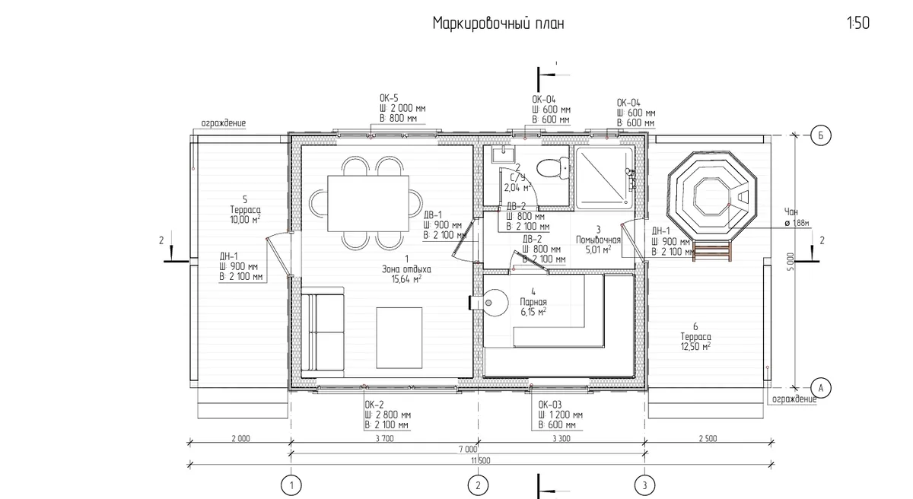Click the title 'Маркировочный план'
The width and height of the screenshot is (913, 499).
pyautogui.click(x=498, y=24)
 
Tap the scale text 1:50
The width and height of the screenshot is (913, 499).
pyautogui.click(x=858, y=23)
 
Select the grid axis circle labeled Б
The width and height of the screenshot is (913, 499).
pyautogui.click(x=820, y=135)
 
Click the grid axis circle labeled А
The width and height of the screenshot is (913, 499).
pyautogui.click(x=820, y=388)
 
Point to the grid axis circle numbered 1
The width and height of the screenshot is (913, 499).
pyautogui.click(x=291, y=485)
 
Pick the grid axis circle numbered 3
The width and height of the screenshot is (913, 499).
pyautogui.click(x=644, y=485)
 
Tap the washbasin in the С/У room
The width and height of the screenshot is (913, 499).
pyautogui.click(x=503, y=154)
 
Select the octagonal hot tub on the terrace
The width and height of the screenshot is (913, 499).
pyautogui.click(x=711, y=197)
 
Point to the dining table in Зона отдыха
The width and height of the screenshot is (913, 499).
pyautogui.click(x=368, y=204)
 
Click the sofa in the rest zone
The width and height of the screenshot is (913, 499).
pyautogui.click(x=323, y=332)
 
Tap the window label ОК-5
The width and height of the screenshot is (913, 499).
pyautogui.click(x=389, y=98)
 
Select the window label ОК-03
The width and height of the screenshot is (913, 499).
pyautogui.click(x=550, y=405)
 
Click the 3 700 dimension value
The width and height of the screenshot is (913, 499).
pyautogui.click(x=384, y=438)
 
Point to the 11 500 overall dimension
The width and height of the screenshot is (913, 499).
pyautogui.click(x=481, y=460)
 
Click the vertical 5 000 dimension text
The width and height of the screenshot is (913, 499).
pyautogui.click(x=791, y=262)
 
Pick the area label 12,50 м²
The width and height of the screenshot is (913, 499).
pyautogui.click(x=695, y=347)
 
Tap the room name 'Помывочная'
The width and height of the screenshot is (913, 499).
pyautogui.click(x=598, y=240)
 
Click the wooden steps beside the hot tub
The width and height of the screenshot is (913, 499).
pyautogui.click(x=711, y=249)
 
